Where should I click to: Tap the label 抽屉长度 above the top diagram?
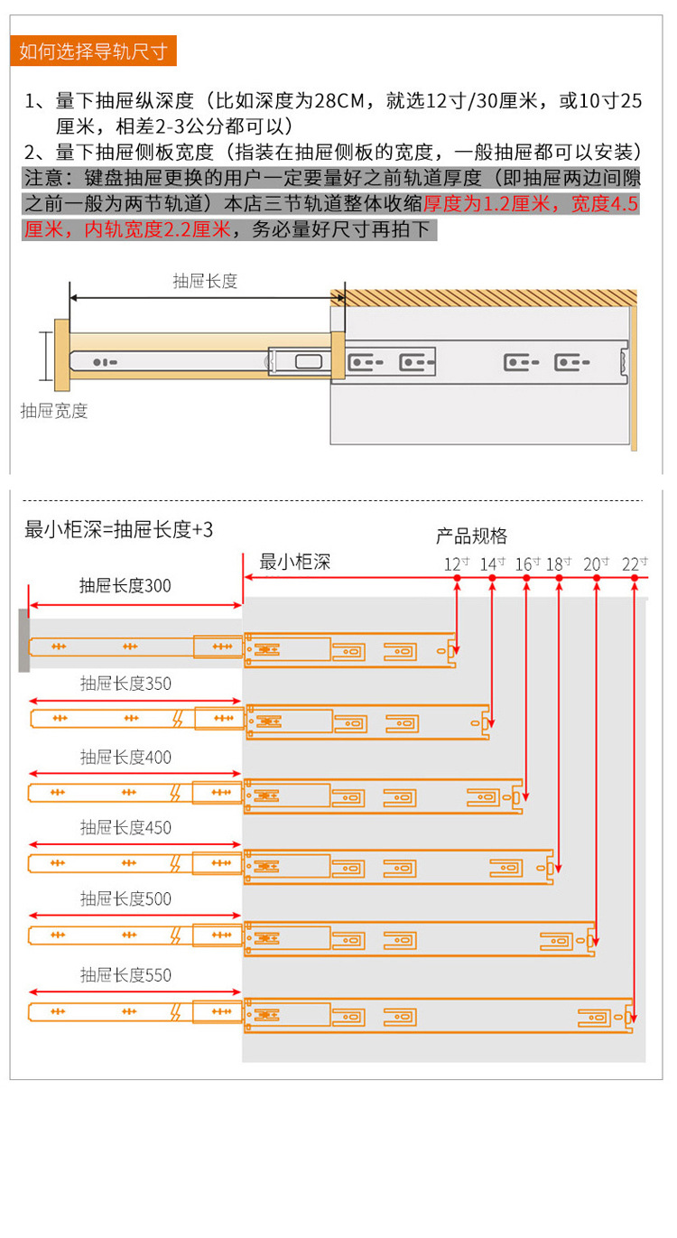click(205, 281)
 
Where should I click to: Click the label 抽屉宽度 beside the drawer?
click(54, 411)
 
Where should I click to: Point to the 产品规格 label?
click(471, 535)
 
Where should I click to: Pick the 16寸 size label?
click(526, 564)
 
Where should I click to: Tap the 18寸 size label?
click(559, 564)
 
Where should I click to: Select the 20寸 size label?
click(596, 564)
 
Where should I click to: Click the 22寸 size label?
click(635, 564)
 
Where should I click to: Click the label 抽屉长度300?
click(125, 586)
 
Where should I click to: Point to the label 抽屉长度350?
click(125, 684)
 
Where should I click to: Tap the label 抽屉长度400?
click(125, 757)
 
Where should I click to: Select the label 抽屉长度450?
click(125, 828)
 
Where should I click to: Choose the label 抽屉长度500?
click(125, 899)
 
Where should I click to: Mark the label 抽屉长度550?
click(125, 975)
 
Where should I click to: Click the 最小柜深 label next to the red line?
click(295, 562)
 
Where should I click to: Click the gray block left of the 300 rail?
click(23, 639)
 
